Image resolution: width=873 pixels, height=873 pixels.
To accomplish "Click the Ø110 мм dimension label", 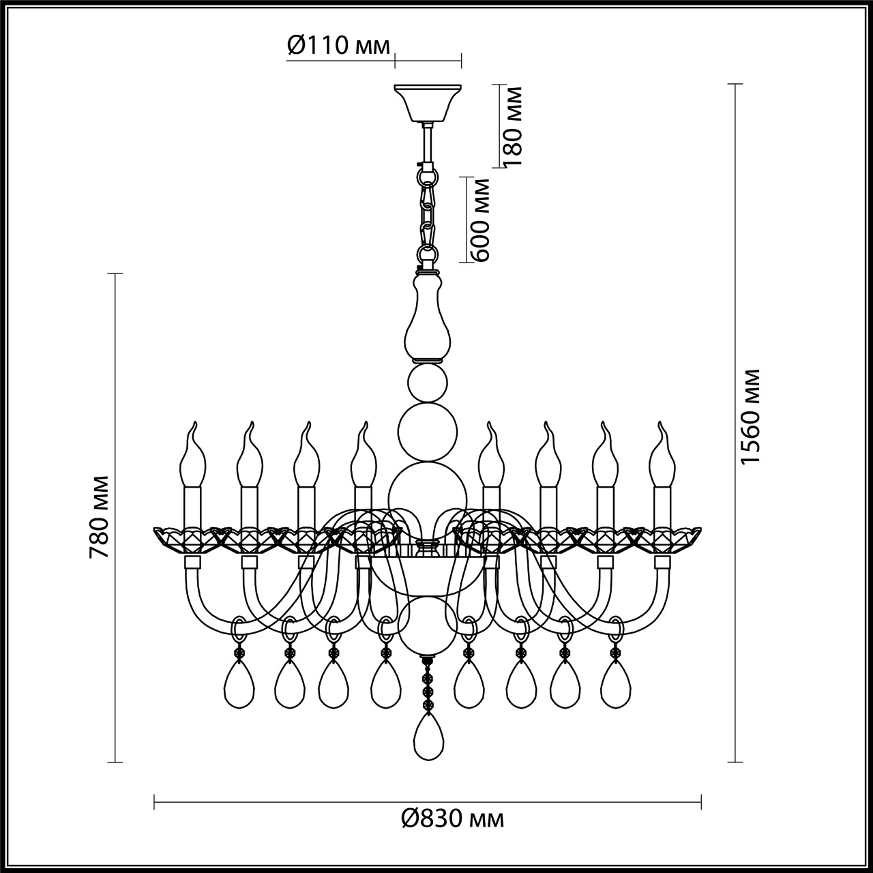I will click(x=338, y=46).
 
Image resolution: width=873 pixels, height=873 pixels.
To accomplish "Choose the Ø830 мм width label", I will click(x=452, y=818).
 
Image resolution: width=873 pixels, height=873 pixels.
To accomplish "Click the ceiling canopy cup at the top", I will click(x=428, y=102).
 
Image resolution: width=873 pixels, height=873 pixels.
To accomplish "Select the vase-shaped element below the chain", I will click(x=428, y=316).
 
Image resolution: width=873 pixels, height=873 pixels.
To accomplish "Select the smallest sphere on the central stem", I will click(x=428, y=383).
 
